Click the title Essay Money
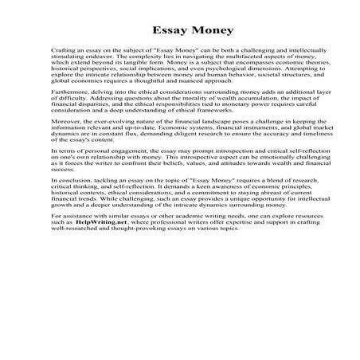(180, 31)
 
